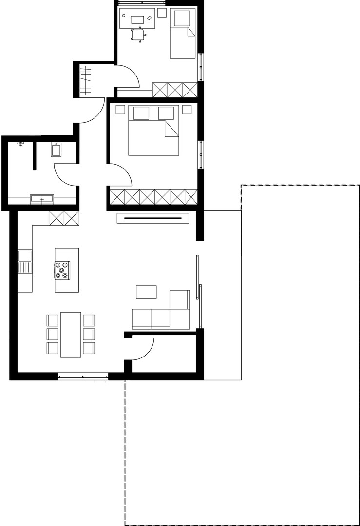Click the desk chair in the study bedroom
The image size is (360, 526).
point(138,34)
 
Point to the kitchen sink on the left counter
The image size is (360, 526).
point(24,256)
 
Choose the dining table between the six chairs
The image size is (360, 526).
point(71,335)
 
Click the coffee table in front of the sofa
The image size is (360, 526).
point(146,292)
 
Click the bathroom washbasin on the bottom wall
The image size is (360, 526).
point(42,199)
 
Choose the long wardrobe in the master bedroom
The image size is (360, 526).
point(153,197)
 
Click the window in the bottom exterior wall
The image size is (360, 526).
point(83,376)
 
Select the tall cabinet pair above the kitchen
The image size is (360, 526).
point(64,218)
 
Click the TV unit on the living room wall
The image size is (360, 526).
point(153,218)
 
